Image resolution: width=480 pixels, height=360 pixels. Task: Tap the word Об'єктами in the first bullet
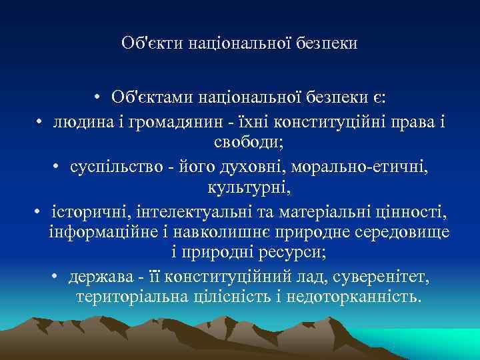tap(150, 97)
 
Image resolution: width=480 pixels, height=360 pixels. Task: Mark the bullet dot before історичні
tap(41, 213)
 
